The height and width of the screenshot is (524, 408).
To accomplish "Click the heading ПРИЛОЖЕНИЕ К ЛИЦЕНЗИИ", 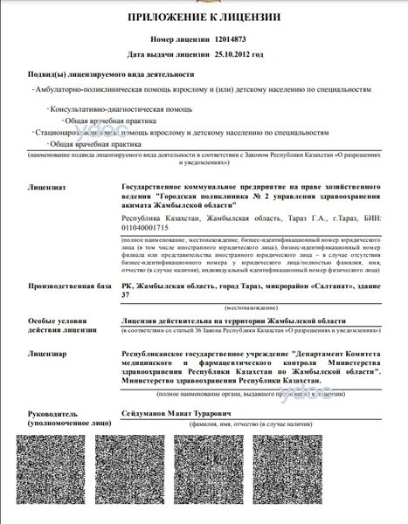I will (x=204, y=17).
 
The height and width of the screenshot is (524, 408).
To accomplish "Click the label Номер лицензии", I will (x=181, y=40).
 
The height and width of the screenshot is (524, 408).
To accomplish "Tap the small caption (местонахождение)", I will (x=251, y=308).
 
